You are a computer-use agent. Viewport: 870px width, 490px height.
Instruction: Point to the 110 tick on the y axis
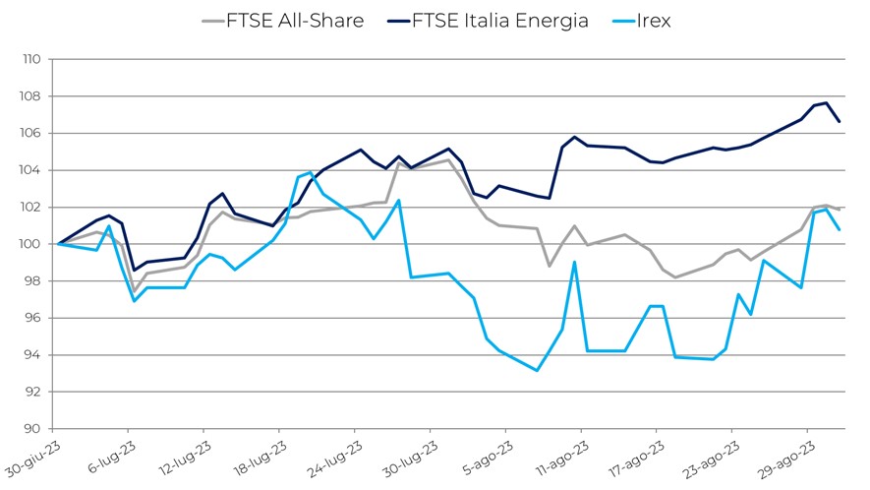pyautogui.click(x=32, y=59)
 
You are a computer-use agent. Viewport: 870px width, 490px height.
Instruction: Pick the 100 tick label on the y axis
pyautogui.click(x=32, y=244)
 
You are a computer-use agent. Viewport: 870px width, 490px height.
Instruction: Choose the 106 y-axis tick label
pyautogui.click(x=32, y=133)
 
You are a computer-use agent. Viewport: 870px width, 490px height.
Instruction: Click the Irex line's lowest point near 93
pyautogui.click(x=537, y=371)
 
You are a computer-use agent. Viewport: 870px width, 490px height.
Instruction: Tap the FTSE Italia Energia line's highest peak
pyautogui.click(x=827, y=103)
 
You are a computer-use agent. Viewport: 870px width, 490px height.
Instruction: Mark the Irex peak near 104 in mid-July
pyautogui.click(x=311, y=172)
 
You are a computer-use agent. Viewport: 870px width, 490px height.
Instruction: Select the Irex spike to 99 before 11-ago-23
pyautogui.click(x=574, y=262)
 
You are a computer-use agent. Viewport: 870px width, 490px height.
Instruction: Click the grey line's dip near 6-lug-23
pyautogui.click(x=134, y=292)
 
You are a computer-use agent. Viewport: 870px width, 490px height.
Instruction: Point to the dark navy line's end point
pyautogui.click(x=839, y=121)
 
